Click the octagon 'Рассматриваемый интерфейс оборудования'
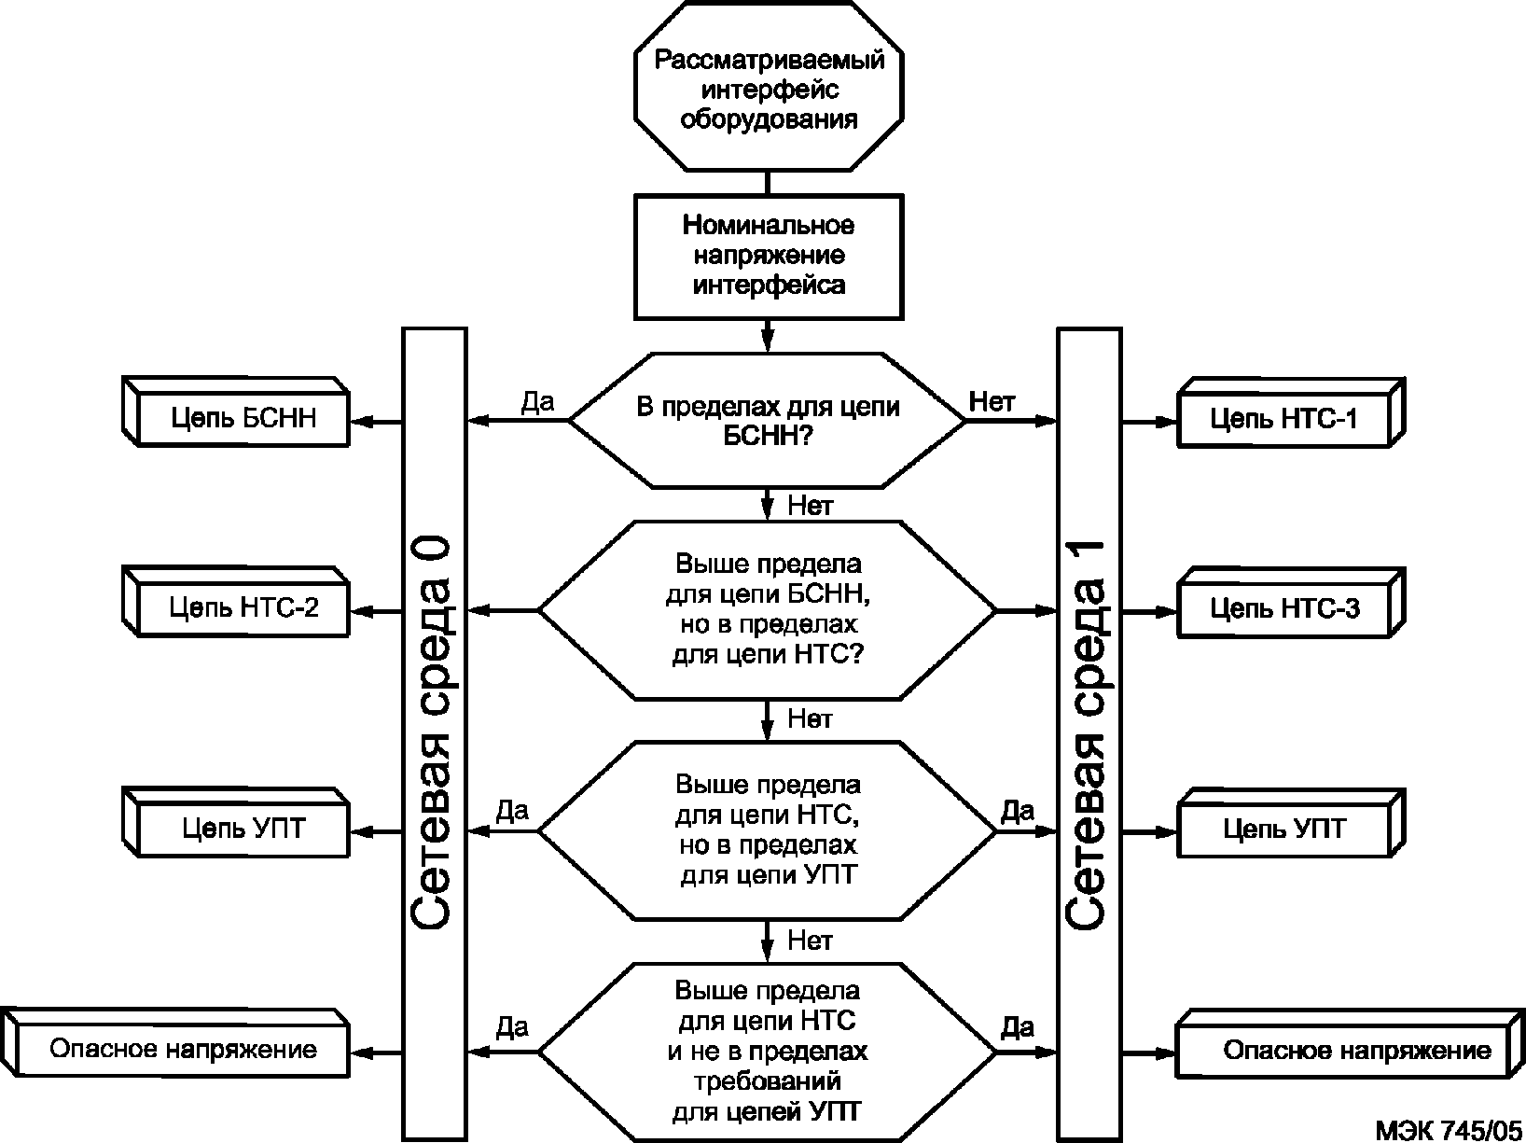(x=769, y=86)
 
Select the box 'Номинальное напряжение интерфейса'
(x=769, y=257)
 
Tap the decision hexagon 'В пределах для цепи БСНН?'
(x=768, y=421)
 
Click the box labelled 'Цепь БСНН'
(x=236, y=412)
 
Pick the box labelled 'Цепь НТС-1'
(x=1290, y=413)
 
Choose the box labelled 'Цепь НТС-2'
(x=236, y=602)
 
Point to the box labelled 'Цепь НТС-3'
(x=1290, y=603)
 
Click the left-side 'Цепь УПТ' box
(x=236, y=822)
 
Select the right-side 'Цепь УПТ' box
(x=1290, y=823)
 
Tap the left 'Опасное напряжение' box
(x=175, y=1043)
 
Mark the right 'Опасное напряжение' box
(x=1350, y=1043)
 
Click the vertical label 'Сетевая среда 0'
(x=430, y=732)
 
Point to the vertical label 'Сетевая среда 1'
(x=1085, y=733)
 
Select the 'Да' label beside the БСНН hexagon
(x=537, y=402)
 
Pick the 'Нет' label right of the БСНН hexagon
(x=992, y=401)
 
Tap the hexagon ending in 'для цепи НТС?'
(x=768, y=610)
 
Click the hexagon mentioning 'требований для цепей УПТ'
(x=768, y=1052)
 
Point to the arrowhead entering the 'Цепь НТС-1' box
(x=1166, y=422)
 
